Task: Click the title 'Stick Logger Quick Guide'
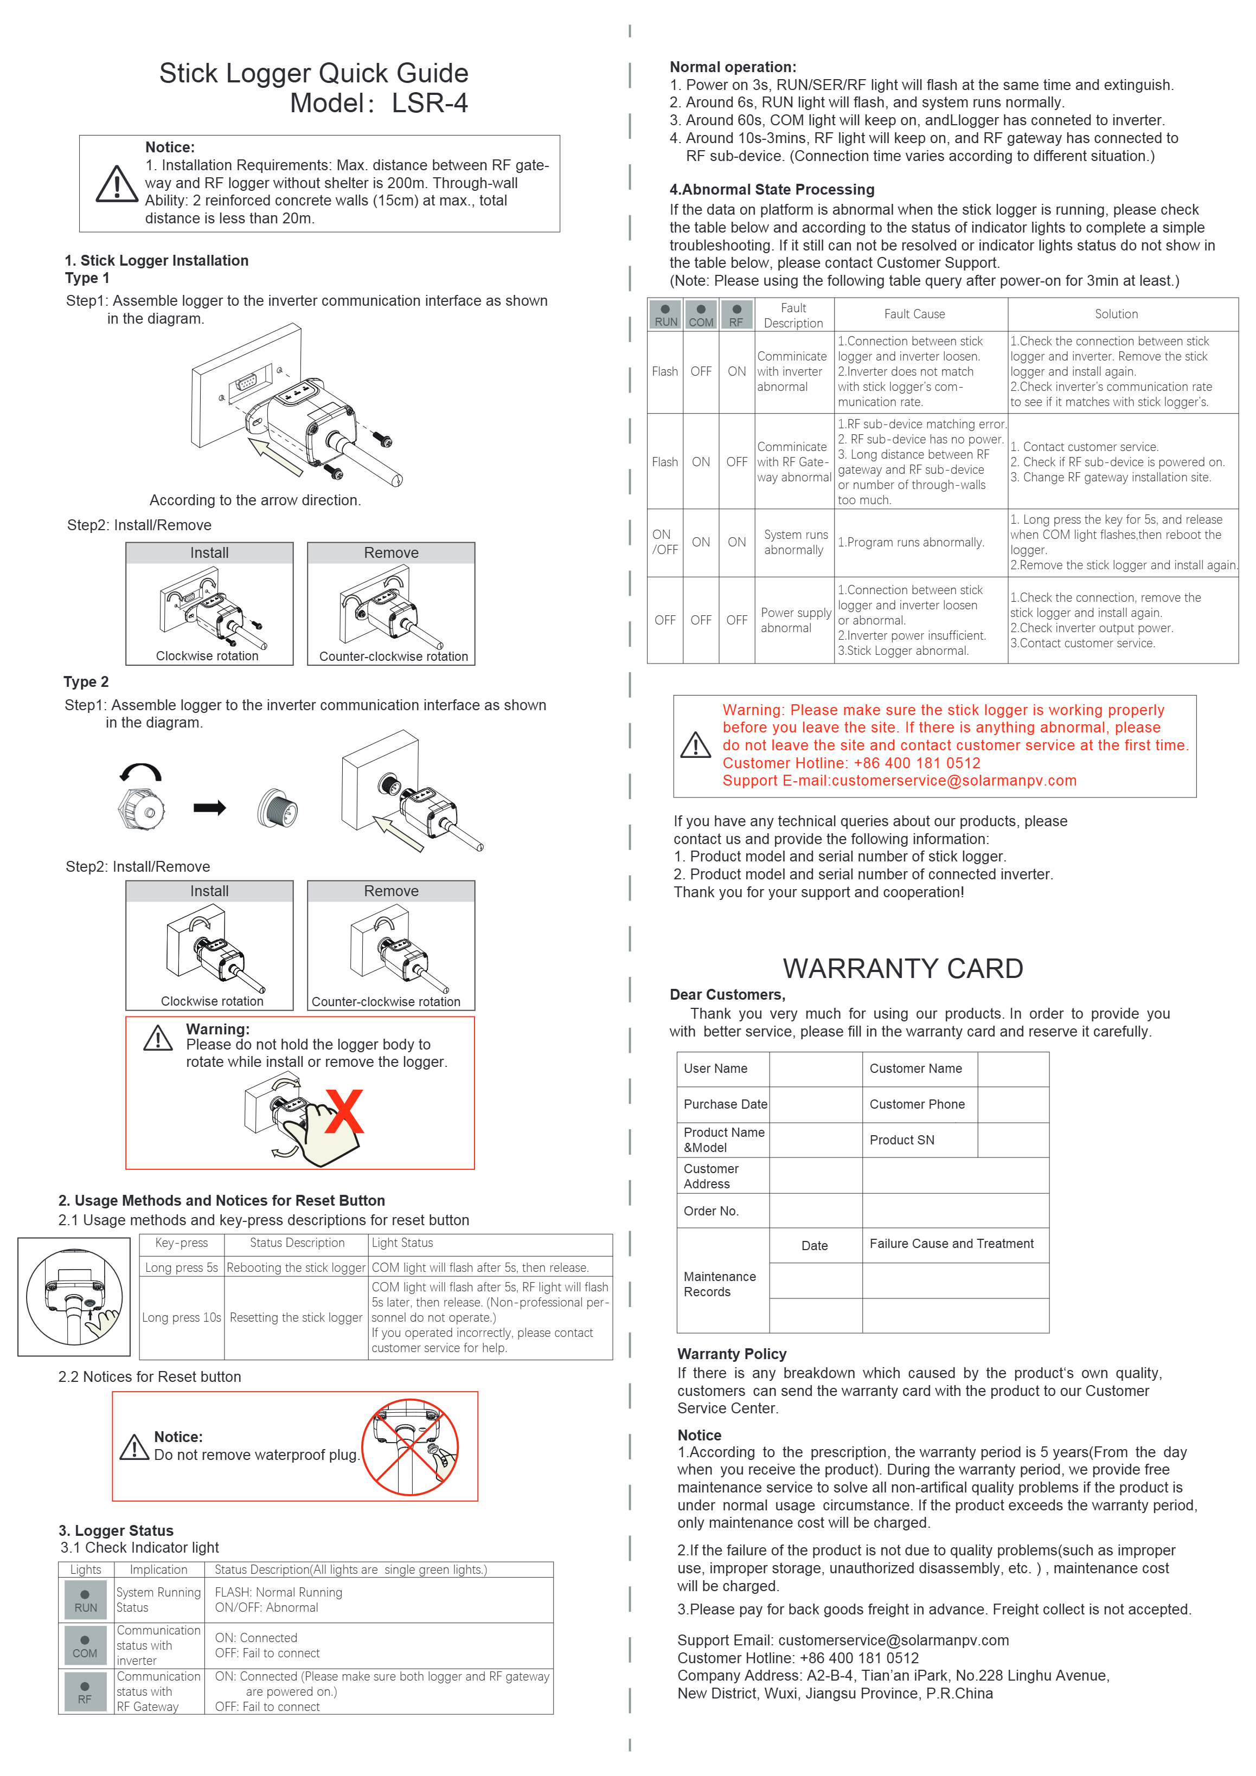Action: [313, 74]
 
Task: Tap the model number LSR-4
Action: [429, 104]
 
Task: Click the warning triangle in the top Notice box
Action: [117, 184]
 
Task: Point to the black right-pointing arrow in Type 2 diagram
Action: [210, 808]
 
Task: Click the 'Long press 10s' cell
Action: [182, 1317]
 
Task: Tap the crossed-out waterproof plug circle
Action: [410, 1446]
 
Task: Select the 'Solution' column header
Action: [1116, 314]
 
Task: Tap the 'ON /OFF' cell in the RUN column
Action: [665, 542]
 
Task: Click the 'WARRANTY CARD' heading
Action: [902, 968]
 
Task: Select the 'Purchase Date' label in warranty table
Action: [725, 1105]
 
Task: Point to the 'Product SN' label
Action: [901, 1140]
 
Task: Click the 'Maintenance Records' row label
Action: [720, 1284]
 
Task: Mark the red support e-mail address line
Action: [899, 781]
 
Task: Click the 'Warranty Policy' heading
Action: [732, 1354]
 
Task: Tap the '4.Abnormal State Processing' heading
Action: [772, 190]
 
